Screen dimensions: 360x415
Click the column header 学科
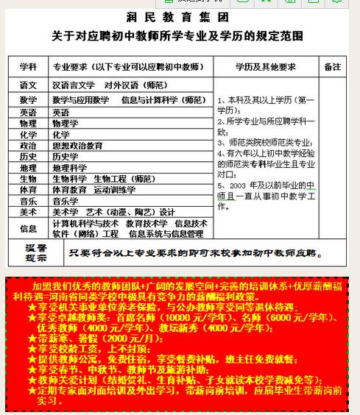(29, 66)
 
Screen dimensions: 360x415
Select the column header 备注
(332, 66)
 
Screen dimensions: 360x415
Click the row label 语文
(29, 85)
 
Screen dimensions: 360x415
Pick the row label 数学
(29, 99)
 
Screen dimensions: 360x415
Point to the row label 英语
(29, 113)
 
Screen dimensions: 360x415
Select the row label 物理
(29, 124)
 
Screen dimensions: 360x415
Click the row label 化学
(29, 135)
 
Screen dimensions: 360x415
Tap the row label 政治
(29, 146)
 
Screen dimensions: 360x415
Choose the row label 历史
(29, 157)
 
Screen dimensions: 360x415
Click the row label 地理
(29, 168)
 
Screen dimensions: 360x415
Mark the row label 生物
(29, 179)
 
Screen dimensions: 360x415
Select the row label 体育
(29, 190)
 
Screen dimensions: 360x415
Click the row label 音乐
(29, 201)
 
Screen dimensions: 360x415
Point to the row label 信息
(29, 228)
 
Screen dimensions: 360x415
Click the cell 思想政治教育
(77, 146)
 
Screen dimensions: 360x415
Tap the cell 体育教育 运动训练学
(93, 190)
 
